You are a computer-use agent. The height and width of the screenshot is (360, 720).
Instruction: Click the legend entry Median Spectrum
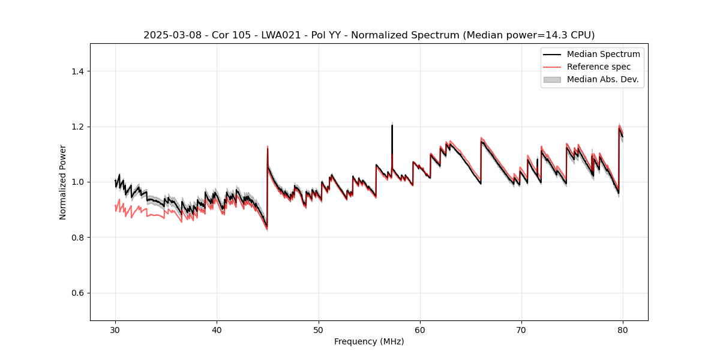point(603,54)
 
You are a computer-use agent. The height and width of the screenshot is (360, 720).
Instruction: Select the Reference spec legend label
point(598,67)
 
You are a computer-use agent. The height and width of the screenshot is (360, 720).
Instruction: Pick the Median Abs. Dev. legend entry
point(602,79)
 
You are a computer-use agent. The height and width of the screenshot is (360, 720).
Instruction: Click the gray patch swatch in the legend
point(552,79)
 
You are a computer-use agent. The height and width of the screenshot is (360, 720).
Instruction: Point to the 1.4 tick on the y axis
point(77,71)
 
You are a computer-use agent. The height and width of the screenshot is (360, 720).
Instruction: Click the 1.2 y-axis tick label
point(77,127)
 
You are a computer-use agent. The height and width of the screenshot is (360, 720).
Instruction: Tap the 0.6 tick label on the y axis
point(77,293)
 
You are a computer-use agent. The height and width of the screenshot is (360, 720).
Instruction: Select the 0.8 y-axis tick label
point(77,238)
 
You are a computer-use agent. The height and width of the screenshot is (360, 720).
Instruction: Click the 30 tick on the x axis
point(115,330)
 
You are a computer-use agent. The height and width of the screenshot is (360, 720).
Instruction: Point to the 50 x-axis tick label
point(319,330)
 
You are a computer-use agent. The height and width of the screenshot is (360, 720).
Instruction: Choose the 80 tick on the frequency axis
point(623,330)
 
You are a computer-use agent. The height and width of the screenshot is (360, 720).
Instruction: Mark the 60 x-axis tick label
point(420,330)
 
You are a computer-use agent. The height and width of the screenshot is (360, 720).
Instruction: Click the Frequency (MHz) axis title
point(369,342)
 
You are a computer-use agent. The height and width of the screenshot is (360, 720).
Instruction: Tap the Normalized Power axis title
point(63,182)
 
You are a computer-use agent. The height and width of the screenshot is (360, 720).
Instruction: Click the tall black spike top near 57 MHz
point(392,125)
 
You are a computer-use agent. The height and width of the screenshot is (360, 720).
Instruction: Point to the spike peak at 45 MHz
point(267,148)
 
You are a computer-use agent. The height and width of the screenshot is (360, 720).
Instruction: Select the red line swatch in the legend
point(552,67)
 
